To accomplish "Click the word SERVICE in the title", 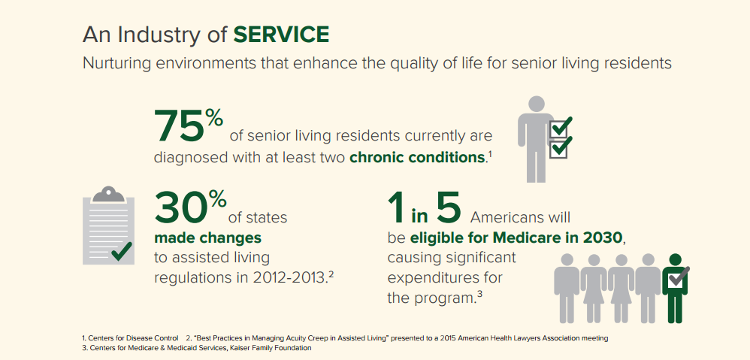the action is pyautogui.click(x=281, y=35).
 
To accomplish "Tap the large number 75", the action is pyautogui.click(x=180, y=126).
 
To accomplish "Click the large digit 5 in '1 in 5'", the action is pyautogui.click(x=448, y=208).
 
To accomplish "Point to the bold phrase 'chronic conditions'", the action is pyautogui.click(x=417, y=157).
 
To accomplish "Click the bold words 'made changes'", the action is pyautogui.click(x=207, y=237).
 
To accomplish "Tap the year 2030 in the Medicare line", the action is pyautogui.click(x=600, y=237).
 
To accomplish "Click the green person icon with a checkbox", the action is pyautogui.click(x=676, y=288).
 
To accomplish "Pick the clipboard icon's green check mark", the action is pyautogui.click(x=122, y=251).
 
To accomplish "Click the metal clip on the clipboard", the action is pyautogui.click(x=108, y=194).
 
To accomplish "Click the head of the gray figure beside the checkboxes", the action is pyautogui.click(x=536, y=104).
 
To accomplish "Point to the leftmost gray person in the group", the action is pyautogui.click(x=567, y=288).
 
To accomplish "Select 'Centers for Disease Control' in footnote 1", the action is pyautogui.click(x=134, y=338).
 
